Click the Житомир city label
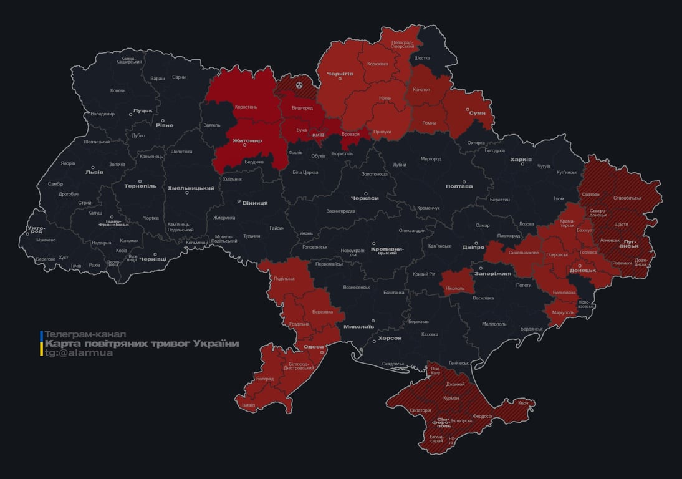(x=247, y=141)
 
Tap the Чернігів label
(x=340, y=74)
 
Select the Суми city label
(x=477, y=113)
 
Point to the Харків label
(x=521, y=160)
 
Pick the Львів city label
(x=94, y=172)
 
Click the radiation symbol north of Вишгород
(x=299, y=84)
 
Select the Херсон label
(x=390, y=338)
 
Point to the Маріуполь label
(x=564, y=312)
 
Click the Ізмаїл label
(x=247, y=405)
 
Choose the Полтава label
(x=459, y=186)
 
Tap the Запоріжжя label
(x=492, y=273)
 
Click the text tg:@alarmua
(x=78, y=353)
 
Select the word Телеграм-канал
(x=85, y=334)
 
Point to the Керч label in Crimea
(x=522, y=403)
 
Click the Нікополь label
(x=455, y=288)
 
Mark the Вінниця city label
(x=254, y=203)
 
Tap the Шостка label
(x=422, y=58)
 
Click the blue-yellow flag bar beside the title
(x=41, y=344)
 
